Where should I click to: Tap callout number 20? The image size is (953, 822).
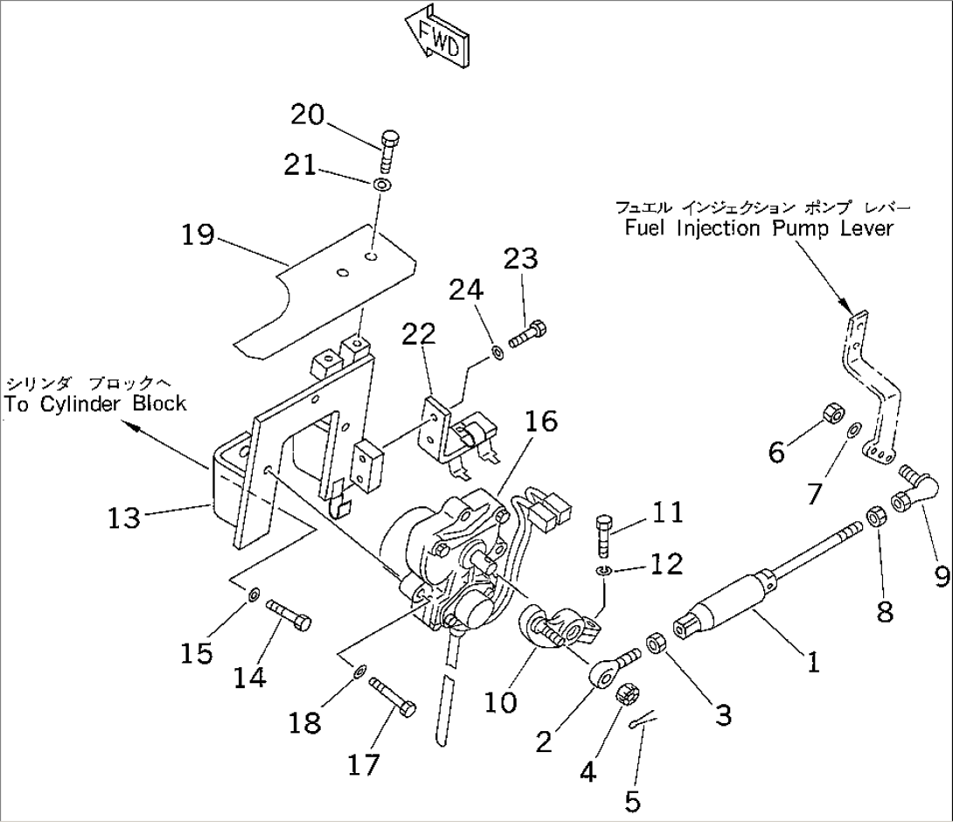[x=308, y=115]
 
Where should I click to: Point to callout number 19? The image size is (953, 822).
[x=198, y=234]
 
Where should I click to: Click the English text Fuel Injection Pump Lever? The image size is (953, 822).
[x=759, y=229]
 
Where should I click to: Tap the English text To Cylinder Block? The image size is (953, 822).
[x=96, y=404]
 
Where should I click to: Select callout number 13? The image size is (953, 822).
[x=124, y=518]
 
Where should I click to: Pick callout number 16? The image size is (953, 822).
[x=540, y=421]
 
